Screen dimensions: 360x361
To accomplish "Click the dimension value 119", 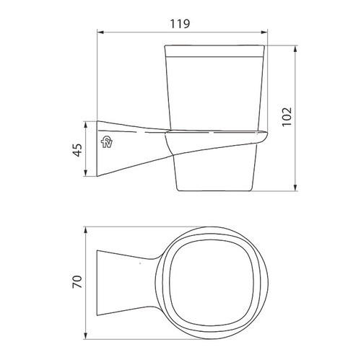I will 181,24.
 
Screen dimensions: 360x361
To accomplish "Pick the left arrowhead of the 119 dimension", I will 102,32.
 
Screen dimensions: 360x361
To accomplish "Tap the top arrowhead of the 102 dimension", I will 295,49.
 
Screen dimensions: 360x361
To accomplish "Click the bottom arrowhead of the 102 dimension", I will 295,189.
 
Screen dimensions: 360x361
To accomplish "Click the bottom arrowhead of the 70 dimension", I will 88,335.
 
